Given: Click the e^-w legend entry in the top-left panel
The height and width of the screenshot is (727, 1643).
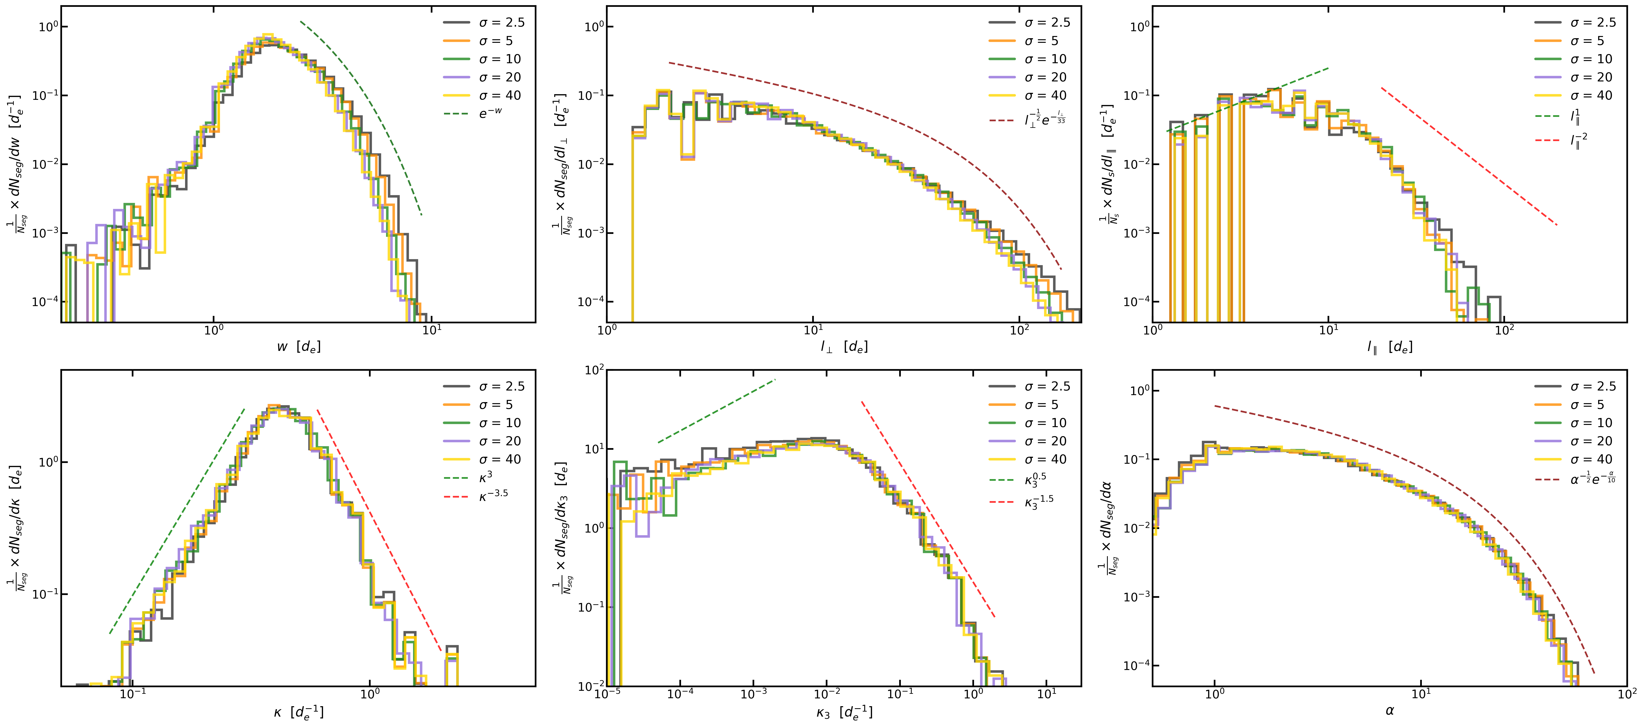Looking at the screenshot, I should click(x=490, y=113).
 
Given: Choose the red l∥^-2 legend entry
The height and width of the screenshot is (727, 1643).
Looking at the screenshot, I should click(x=1579, y=140).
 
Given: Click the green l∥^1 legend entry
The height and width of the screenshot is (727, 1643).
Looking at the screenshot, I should click(x=1575, y=117).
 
